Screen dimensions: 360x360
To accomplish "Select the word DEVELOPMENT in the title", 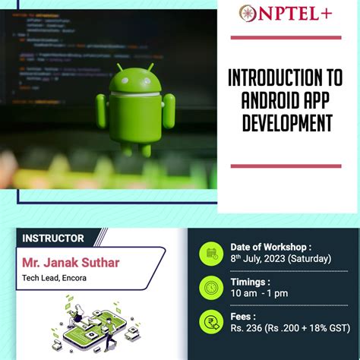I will tap(288, 122).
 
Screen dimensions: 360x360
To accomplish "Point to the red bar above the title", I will tap(286, 36).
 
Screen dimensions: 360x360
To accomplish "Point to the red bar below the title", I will tap(286, 166).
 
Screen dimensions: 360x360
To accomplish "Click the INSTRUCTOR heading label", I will tap(53, 238).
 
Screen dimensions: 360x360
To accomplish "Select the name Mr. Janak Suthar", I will tap(70, 264).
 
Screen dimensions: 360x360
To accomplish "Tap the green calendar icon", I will tap(210, 253).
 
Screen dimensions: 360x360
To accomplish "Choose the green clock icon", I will tap(210, 287).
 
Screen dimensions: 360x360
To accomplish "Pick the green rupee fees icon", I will tap(210, 321).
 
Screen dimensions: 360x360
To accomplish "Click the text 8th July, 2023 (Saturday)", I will tap(281, 259).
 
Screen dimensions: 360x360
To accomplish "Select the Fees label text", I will tap(245, 315).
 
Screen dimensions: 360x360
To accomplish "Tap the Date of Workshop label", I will tap(270, 247).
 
